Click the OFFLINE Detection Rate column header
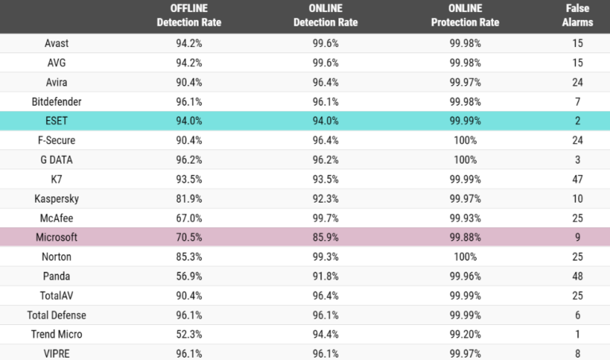point(188,16)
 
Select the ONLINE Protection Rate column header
point(465,16)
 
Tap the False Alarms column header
point(577,16)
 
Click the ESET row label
point(56,121)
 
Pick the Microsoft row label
point(56,237)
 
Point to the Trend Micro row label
point(56,334)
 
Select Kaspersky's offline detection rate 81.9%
point(188,198)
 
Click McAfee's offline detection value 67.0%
point(188,218)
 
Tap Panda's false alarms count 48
point(577,276)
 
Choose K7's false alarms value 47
point(577,179)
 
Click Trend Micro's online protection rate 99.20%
point(466,334)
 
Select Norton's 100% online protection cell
point(466,257)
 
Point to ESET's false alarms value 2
point(577,121)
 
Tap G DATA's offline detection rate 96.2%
point(188,160)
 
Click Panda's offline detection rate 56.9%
point(188,276)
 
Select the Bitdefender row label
point(56,102)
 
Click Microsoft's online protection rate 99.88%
point(466,237)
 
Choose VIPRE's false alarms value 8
point(577,353)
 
